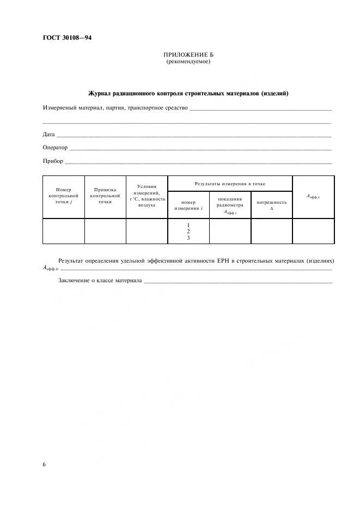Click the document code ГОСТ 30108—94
[67, 38]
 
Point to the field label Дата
[48, 134]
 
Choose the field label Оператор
[55, 148]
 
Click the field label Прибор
[53, 161]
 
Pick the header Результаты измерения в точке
[230, 184]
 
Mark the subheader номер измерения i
[188, 205]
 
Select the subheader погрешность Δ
[271, 205]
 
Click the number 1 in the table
[188, 225]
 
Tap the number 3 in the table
[188, 238]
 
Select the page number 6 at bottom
[44, 464]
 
